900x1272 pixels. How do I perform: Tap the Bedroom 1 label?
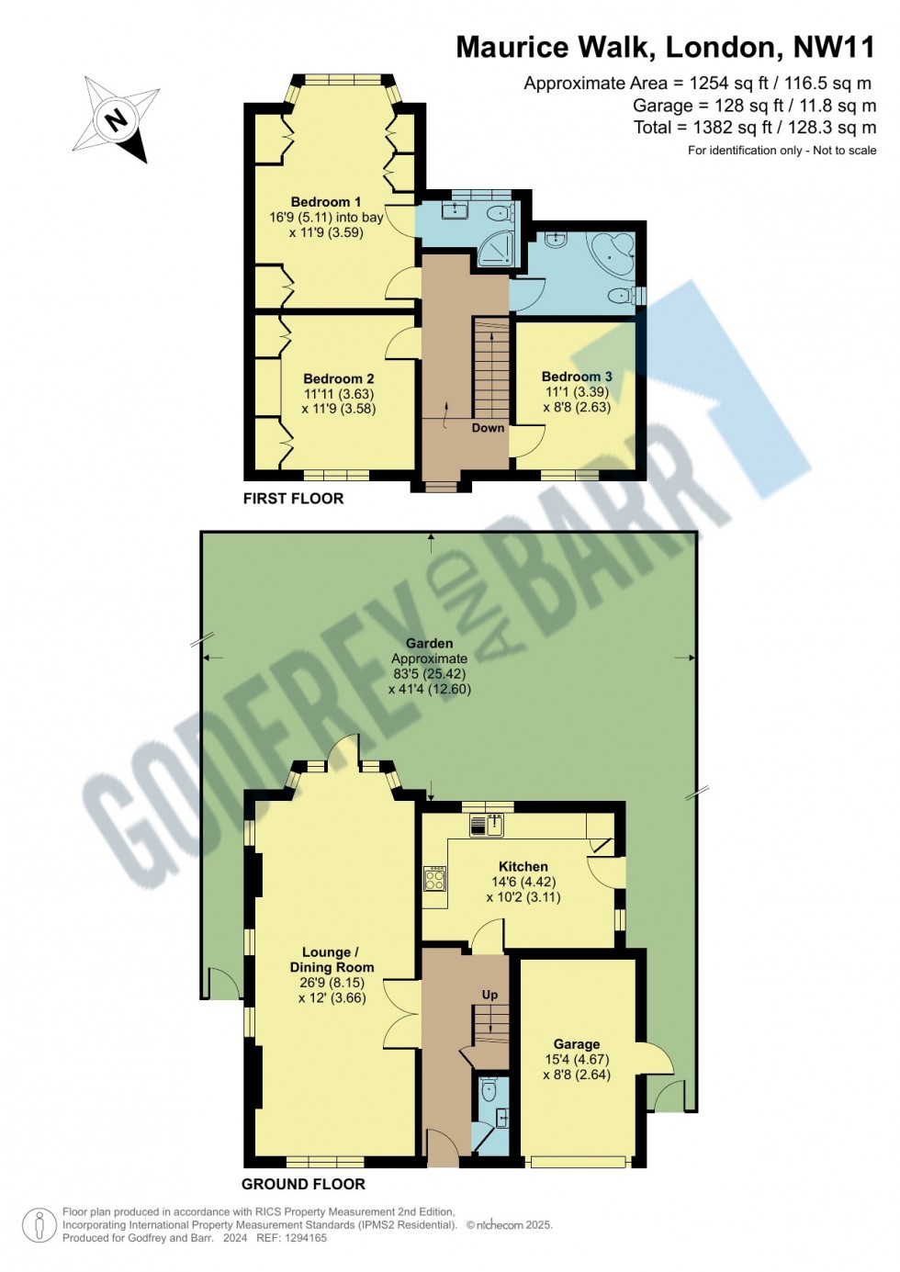[x=326, y=202]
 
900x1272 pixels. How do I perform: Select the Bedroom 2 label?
[x=339, y=378]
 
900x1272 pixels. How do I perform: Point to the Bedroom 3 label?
[x=577, y=377]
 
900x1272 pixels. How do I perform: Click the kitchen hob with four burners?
[x=434, y=880]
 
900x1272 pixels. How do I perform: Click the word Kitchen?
[x=523, y=866]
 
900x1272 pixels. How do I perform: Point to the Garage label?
[x=577, y=1044]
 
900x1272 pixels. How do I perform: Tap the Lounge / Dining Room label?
[x=332, y=960]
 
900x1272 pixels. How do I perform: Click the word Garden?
[x=429, y=644]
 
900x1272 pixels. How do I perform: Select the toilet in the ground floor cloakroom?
[x=489, y=1090]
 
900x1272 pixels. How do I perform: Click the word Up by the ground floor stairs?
[x=490, y=995]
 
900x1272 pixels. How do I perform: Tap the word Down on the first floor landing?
[x=488, y=428]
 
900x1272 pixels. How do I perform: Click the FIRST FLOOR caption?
[x=293, y=499]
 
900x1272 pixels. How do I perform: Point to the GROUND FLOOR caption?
[x=303, y=1184]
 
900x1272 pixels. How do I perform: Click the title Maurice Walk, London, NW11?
[x=665, y=47]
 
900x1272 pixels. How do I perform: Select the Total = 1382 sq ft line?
[x=754, y=128]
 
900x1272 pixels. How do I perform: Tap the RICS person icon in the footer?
[x=39, y=1225]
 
